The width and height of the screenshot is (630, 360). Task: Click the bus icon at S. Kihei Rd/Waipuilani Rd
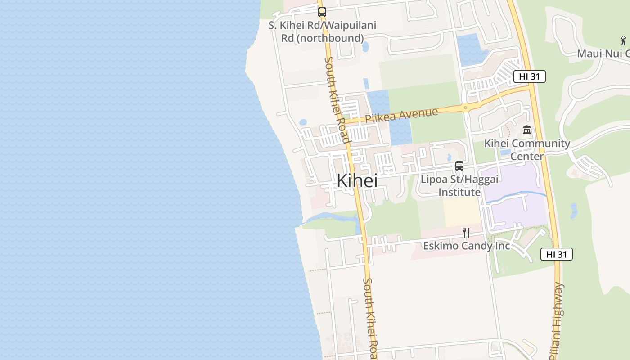tap(322, 12)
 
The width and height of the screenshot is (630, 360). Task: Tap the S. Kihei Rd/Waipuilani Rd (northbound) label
tap(322, 32)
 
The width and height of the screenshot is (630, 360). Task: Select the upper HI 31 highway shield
tap(529, 76)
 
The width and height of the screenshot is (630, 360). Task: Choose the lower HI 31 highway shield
tap(556, 254)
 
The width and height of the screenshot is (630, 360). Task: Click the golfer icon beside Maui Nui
tap(623, 40)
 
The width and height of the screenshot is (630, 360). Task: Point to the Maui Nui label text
tap(603, 54)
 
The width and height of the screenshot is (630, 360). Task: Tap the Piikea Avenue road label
tap(401, 115)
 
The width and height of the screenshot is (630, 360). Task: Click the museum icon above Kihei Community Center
tap(527, 130)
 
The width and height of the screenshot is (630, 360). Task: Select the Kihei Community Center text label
tap(527, 150)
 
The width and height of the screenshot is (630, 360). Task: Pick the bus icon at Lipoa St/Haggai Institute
tap(459, 166)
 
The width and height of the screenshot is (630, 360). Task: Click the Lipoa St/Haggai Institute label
tap(459, 186)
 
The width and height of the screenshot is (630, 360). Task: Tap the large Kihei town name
tap(357, 181)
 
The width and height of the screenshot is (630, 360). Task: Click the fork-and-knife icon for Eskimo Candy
tap(466, 233)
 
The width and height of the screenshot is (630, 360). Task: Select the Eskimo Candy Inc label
tap(466, 246)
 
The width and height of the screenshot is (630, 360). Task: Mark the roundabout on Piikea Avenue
tap(465, 108)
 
